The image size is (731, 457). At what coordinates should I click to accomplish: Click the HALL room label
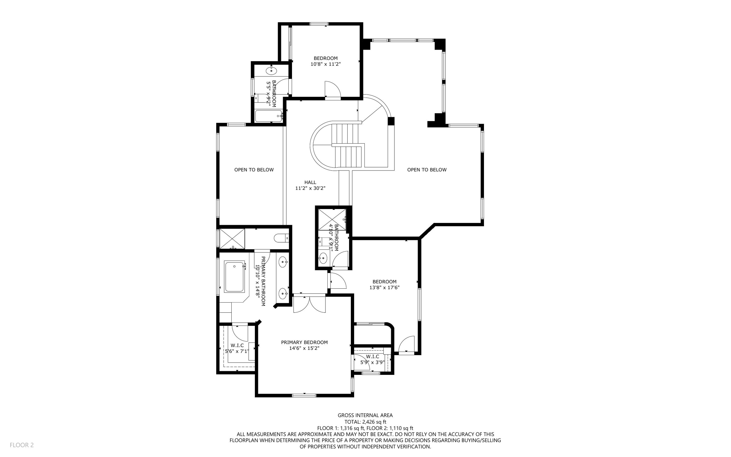(x=310, y=182)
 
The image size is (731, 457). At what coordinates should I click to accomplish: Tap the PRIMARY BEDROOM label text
(x=304, y=342)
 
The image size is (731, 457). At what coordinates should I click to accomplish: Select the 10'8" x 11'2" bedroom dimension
(x=326, y=64)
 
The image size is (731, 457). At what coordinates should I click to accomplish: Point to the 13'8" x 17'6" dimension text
(x=384, y=287)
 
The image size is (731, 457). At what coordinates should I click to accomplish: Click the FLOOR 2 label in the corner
(x=21, y=445)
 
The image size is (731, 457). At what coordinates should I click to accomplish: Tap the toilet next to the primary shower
(x=281, y=238)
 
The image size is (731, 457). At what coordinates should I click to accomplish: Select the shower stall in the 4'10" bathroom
(x=332, y=219)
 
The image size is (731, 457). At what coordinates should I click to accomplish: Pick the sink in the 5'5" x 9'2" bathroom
(x=271, y=71)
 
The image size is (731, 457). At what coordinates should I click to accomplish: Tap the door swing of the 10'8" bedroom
(x=332, y=89)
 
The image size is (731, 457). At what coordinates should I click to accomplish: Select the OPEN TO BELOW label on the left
(x=254, y=170)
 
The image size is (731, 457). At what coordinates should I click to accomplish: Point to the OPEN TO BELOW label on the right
(x=427, y=170)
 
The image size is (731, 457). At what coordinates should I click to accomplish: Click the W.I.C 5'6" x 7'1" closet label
(x=237, y=348)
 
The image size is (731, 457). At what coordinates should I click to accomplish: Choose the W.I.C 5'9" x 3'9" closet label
(x=372, y=359)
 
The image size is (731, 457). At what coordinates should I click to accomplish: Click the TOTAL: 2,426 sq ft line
(x=365, y=422)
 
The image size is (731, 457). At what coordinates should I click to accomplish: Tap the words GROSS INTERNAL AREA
(x=365, y=415)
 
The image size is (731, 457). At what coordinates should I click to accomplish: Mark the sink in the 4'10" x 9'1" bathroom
(x=323, y=258)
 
